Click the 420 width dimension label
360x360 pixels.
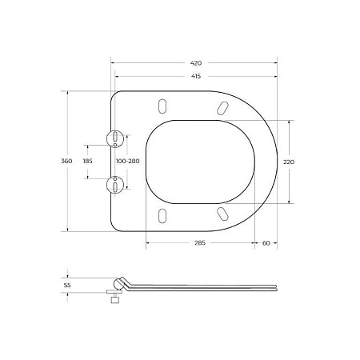pos(196,62)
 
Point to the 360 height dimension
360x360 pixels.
pos(67,162)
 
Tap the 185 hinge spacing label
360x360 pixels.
pos(88,162)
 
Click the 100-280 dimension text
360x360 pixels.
pos(127,162)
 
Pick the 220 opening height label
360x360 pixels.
pos(289,162)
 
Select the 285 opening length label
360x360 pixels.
pos(200,243)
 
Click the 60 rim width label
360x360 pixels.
pos(266,243)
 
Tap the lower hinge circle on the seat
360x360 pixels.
pos(117,185)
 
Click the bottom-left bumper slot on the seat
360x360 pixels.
pos(162,214)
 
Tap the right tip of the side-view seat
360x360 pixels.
pos(277,286)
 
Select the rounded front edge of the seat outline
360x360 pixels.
pos(277,162)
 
